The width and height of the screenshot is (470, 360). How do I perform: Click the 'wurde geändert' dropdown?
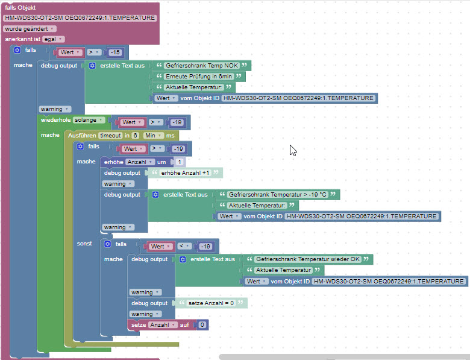30,28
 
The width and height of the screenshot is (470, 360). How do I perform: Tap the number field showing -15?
116,52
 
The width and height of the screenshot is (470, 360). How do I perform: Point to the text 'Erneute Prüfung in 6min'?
199,77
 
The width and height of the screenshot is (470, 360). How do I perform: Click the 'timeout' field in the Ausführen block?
110,136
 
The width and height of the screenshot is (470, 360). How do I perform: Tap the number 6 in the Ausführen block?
136,136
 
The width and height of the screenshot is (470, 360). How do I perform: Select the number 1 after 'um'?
180,162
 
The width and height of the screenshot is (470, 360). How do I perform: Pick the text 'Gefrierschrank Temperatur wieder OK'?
307,259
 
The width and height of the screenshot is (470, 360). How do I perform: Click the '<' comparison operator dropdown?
186,247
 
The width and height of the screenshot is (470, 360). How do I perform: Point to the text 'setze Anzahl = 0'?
211,303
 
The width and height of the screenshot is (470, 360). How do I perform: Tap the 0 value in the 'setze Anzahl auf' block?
202,325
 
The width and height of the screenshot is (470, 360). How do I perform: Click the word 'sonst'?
84,244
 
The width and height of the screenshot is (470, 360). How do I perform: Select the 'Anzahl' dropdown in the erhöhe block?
140,162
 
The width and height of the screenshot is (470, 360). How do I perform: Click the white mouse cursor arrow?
292,150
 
